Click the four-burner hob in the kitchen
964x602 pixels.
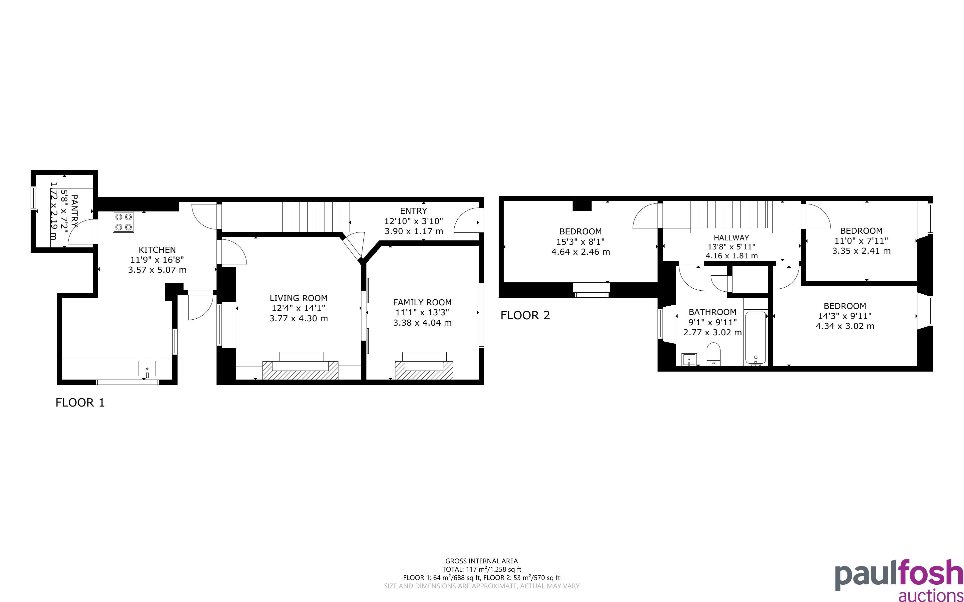point(124,222)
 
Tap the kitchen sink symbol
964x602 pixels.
point(147,369)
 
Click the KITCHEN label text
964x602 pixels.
point(157,250)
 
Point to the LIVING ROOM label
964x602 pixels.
point(299,298)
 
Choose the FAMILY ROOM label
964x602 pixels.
point(422,302)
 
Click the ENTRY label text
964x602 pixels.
point(413,211)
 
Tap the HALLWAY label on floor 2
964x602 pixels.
point(731,238)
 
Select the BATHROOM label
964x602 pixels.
point(713,312)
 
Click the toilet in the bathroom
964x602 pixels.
point(714,354)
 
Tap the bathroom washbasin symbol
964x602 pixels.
point(689,360)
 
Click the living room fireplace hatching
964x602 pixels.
point(300,371)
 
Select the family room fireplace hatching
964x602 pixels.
point(424,370)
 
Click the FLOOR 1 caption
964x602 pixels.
point(80,403)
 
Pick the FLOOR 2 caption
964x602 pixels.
point(525,315)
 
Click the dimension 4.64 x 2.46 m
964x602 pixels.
point(581,252)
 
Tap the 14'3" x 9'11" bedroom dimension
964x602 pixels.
point(844,316)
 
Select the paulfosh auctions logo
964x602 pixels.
point(899,580)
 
